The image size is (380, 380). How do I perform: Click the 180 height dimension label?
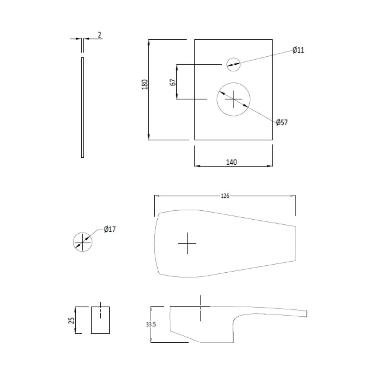[145, 84]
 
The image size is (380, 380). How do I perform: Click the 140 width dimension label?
[232, 162]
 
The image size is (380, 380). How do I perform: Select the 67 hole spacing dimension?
[173, 82]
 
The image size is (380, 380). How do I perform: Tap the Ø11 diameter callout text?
[298, 50]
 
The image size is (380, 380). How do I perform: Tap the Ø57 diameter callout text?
[281, 122]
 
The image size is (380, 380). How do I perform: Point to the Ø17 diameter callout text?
[109, 229]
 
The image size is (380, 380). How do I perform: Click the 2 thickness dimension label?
[100, 35]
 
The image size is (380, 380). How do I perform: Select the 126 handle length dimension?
[225, 196]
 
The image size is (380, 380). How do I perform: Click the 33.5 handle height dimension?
[151, 324]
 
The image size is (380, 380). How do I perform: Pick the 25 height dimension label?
[71, 320]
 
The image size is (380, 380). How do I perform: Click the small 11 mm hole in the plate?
[233, 64]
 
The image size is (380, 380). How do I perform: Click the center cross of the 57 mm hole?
[233, 100]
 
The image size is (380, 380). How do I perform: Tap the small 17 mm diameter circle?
[82, 242]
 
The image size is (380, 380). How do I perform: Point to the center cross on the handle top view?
[187, 243]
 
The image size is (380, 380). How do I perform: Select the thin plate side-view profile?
[82, 107]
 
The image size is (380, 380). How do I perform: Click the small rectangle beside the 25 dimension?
[100, 320]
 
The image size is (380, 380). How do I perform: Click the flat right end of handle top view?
[294, 243]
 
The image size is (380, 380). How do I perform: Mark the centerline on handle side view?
[200, 308]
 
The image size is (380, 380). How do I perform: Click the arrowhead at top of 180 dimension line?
[149, 42]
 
